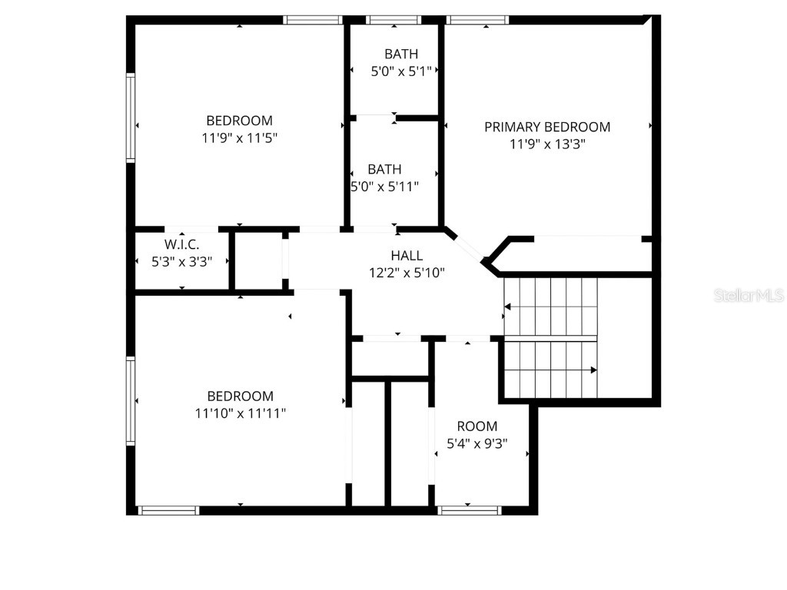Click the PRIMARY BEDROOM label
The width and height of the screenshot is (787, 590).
(547, 127)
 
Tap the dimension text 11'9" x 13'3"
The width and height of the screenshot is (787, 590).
(547, 144)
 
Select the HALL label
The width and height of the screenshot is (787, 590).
(407, 256)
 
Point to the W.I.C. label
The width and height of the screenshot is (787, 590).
(182, 244)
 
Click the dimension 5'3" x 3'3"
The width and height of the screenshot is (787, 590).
(182, 261)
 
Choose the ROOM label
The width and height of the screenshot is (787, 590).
(477, 426)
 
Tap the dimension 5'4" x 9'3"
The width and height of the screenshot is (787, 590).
(477, 443)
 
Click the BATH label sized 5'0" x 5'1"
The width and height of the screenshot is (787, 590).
(401, 54)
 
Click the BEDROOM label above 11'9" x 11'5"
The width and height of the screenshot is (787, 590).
(239, 121)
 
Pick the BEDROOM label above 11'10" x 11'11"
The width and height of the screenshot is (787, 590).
(240, 396)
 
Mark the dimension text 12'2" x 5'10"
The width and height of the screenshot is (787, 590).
(407, 272)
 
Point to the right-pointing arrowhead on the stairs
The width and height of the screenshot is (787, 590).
(593, 370)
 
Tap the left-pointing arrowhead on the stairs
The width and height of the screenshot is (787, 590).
(506, 307)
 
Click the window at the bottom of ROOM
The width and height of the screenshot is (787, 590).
(468, 509)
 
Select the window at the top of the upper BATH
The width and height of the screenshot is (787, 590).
(393, 20)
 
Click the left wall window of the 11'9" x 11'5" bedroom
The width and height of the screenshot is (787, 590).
(131, 117)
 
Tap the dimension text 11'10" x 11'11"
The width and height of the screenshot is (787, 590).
(240, 413)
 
